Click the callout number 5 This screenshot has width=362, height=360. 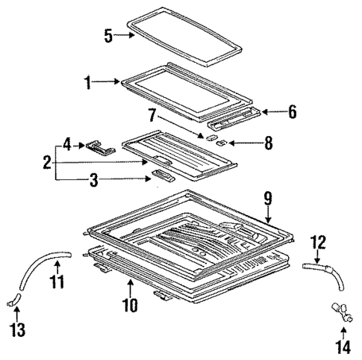tap(109, 35)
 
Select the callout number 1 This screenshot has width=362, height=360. tap(89, 83)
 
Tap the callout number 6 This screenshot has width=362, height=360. tap(292, 112)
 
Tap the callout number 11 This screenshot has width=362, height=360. tap(57, 282)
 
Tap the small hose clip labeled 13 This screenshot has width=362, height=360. tap(12, 301)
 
